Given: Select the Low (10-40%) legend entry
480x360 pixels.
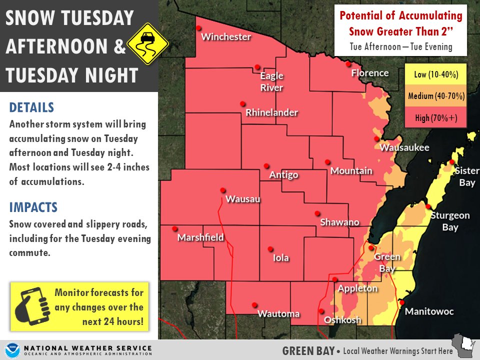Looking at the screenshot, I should click(436, 75).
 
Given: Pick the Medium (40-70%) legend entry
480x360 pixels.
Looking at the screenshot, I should click(436, 96).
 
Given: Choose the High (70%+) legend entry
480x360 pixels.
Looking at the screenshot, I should click(436, 118).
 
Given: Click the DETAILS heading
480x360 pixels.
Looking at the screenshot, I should click(31, 107).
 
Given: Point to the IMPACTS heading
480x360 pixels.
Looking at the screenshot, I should click(33, 207).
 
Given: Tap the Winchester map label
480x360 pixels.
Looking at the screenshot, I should click(225, 37).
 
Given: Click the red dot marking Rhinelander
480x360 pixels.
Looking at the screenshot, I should click(242, 104).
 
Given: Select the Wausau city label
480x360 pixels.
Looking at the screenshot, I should click(243, 199).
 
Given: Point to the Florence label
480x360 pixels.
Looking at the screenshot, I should click(369, 73).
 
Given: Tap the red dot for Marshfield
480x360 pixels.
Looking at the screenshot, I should click(174, 229).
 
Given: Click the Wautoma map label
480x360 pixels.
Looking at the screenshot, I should click(278, 314).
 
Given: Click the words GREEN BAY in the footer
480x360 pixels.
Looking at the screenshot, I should click(308, 350).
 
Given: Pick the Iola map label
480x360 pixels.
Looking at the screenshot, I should click(280, 258).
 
